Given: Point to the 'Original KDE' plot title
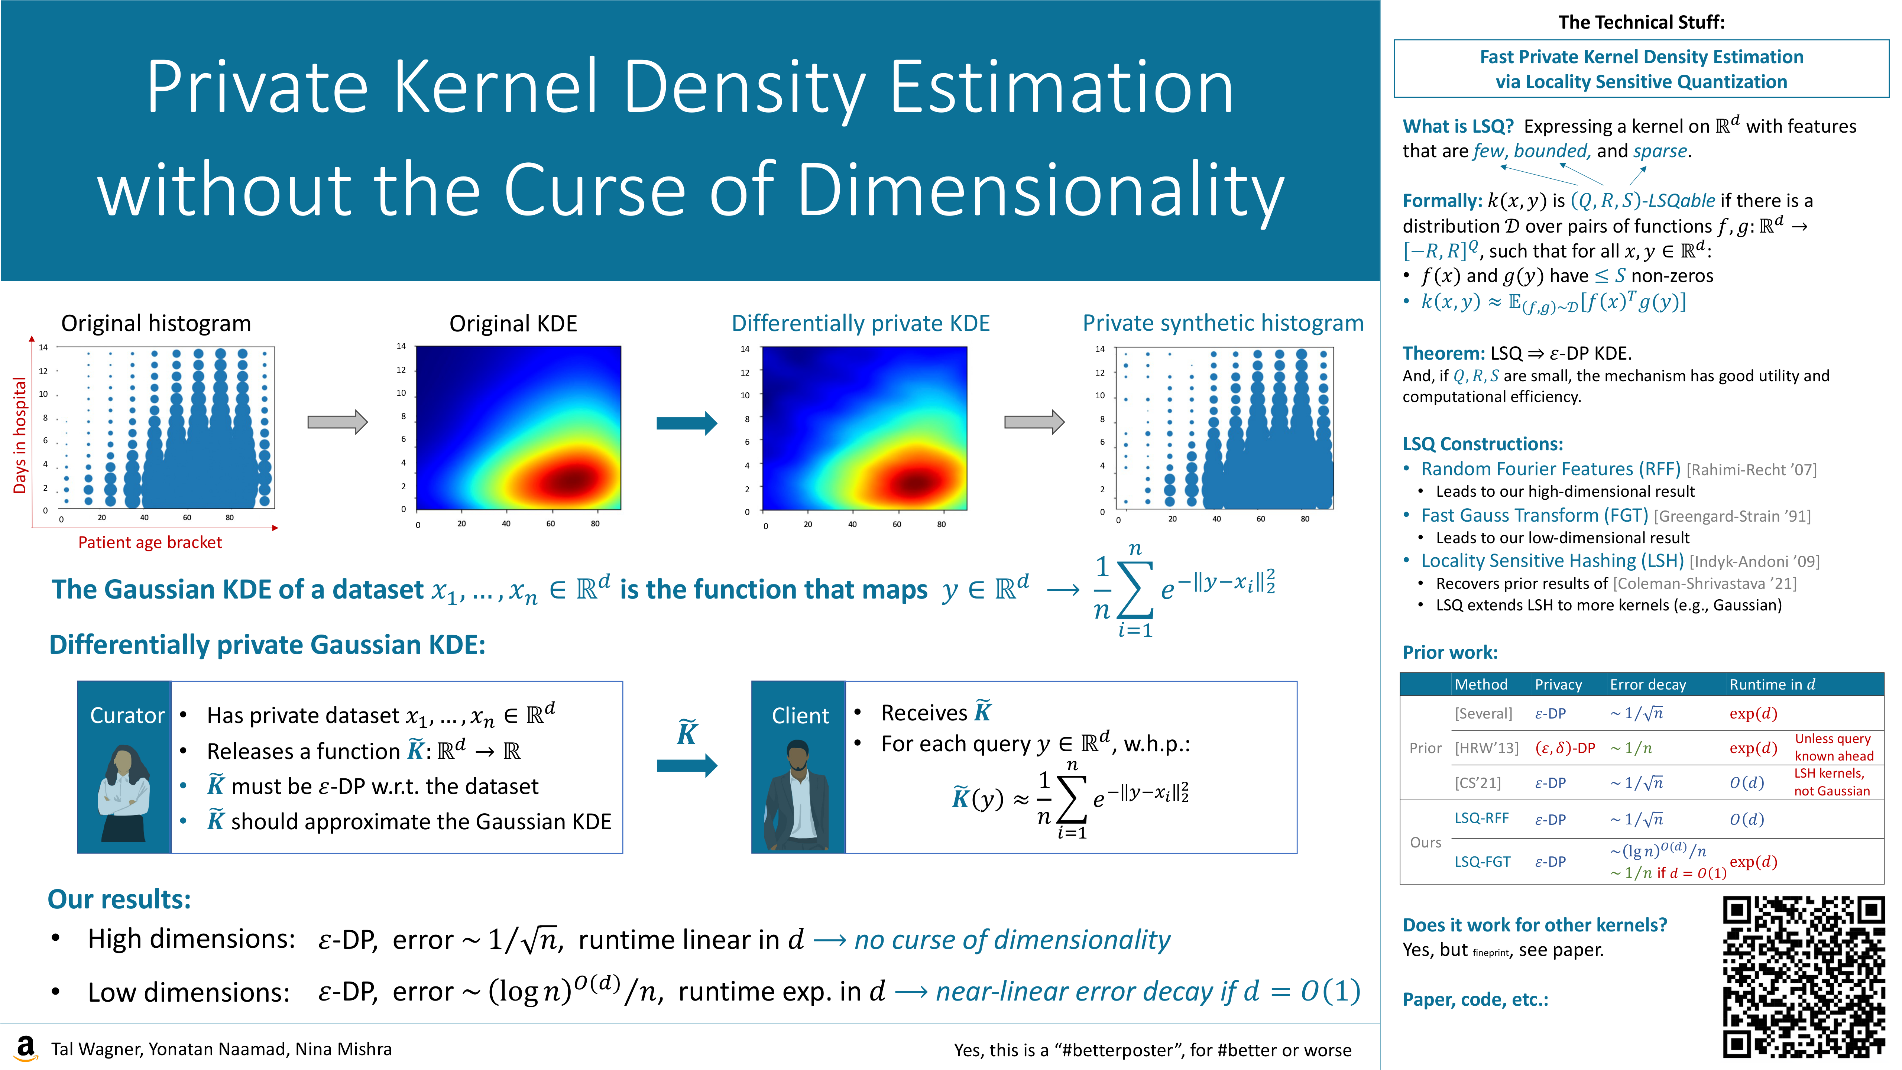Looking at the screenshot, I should click(513, 324).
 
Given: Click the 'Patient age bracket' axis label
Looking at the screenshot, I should click(150, 542).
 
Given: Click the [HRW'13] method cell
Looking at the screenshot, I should click(1485, 748).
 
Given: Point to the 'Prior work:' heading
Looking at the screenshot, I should click(1449, 652).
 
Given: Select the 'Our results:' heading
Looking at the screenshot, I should click(119, 899).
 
